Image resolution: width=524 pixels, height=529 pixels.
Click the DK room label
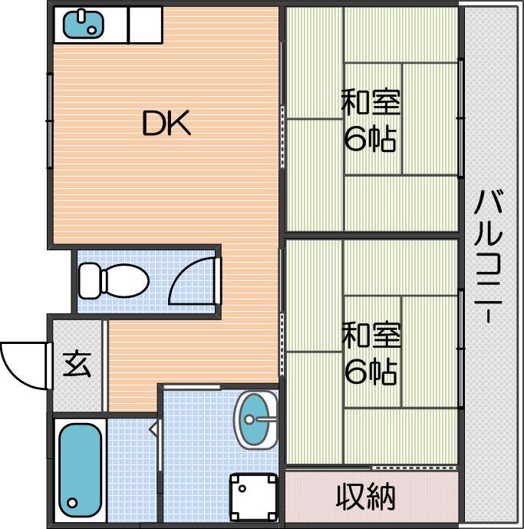click(x=166, y=124)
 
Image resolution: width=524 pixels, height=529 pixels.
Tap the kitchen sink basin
click(x=84, y=25)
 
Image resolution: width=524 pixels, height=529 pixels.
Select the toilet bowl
click(x=125, y=281)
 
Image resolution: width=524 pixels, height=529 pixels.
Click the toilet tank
click(x=91, y=281)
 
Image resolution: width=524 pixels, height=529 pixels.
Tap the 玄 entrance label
click(x=77, y=365)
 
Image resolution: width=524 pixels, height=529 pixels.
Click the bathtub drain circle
click(x=72, y=503)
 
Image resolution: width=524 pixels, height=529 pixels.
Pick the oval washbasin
click(x=255, y=420)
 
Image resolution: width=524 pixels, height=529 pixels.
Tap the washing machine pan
click(x=254, y=497)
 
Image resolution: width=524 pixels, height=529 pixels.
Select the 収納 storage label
click(x=365, y=497)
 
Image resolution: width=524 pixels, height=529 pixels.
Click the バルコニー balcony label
click(x=489, y=256)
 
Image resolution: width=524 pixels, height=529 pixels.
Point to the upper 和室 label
click(x=371, y=101)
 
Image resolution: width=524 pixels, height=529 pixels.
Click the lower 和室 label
click(x=371, y=335)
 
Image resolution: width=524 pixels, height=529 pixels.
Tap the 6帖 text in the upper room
click(x=370, y=138)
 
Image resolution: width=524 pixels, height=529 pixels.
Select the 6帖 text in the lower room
click(x=370, y=372)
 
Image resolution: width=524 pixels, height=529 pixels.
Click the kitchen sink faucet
click(x=81, y=15)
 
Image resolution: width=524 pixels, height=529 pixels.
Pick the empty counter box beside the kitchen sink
click(x=146, y=25)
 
